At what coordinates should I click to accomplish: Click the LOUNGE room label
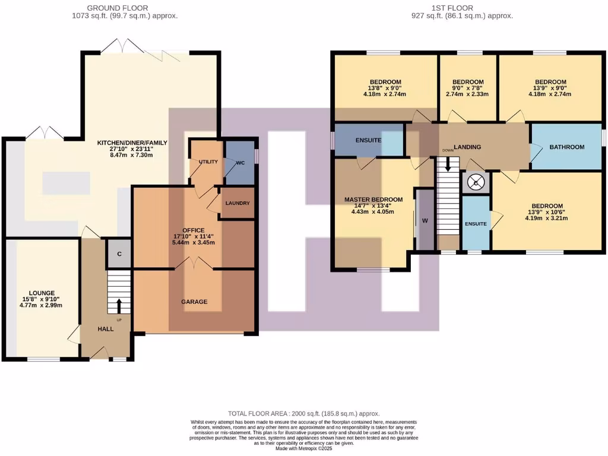40,293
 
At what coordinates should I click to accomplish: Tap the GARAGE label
194,302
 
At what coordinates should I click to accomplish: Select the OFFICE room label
194,230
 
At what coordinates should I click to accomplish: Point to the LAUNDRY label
237,203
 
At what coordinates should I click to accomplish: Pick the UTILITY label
208,161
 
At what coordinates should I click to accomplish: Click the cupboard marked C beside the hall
119,254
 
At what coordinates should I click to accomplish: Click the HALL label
106,328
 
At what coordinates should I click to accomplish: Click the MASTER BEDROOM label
373,199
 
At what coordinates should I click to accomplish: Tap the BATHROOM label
566,147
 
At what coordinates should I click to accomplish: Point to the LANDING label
467,147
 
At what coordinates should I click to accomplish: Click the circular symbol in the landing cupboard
476,182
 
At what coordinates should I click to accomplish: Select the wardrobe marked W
425,221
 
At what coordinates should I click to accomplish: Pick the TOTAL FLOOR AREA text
303,413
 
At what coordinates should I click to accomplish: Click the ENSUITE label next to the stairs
476,224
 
